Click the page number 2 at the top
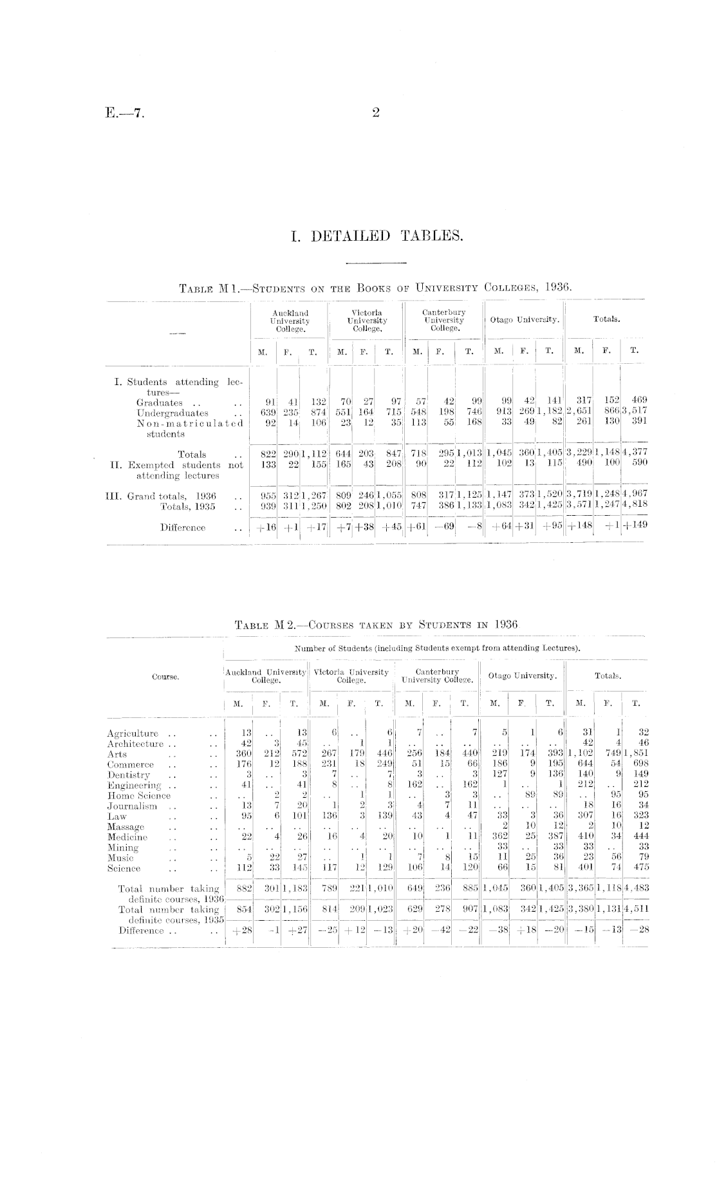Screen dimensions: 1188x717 (376, 113)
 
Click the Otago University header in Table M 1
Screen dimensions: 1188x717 (525, 319)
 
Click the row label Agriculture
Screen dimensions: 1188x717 (133, 733)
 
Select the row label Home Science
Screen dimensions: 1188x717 (139, 796)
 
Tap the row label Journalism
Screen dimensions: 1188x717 (132, 806)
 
